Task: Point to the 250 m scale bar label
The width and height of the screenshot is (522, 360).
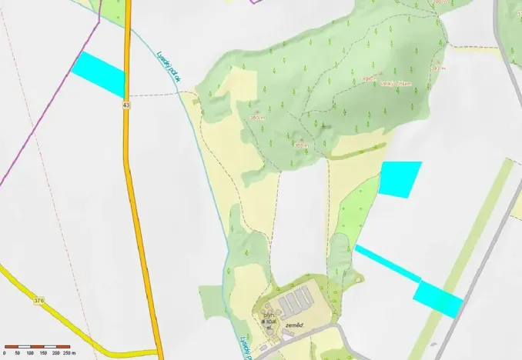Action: [67, 353]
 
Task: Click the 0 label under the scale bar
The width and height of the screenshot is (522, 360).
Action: [5, 353]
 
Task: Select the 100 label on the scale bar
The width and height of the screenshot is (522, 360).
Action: [30, 353]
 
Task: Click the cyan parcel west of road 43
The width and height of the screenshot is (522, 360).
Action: [99, 74]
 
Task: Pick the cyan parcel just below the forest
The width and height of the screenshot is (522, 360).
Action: [400, 178]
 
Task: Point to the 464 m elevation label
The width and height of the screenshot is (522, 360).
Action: [369, 78]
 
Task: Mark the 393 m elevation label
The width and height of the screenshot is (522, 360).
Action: [438, 68]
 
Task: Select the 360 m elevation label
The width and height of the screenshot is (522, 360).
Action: [256, 118]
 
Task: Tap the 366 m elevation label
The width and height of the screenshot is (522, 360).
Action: [301, 144]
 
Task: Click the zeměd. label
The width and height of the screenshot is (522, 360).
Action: [295, 326]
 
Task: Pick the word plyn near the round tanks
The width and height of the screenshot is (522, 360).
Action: [269, 315]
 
